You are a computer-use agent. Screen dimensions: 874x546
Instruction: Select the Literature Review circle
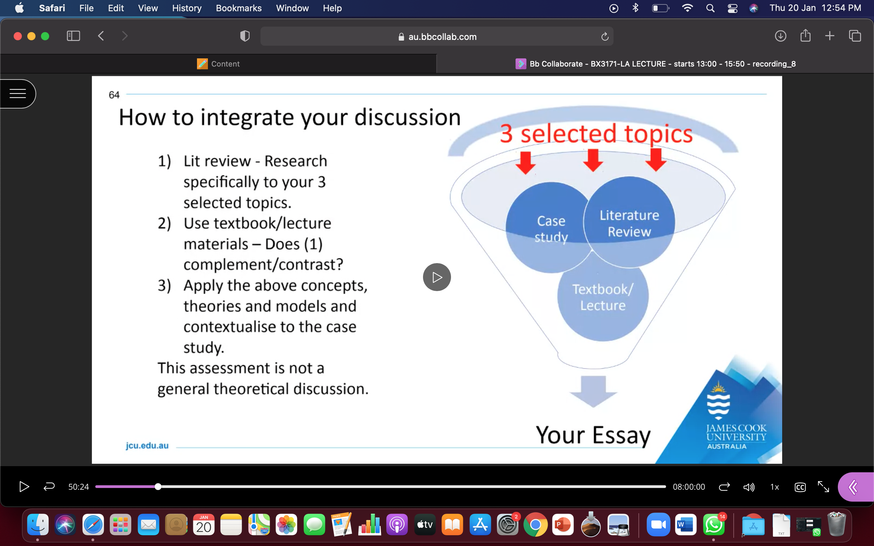click(x=629, y=222)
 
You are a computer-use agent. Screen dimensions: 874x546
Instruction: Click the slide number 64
click(x=114, y=95)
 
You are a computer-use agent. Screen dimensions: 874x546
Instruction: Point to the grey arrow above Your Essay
click(x=593, y=391)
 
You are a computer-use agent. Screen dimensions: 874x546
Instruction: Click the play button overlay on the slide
click(x=437, y=277)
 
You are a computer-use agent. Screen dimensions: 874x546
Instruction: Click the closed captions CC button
click(x=800, y=487)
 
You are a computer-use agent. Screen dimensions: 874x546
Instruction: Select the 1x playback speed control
click(x=774, y=487)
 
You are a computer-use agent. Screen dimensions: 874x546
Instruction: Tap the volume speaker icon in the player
click(x=749, y=487)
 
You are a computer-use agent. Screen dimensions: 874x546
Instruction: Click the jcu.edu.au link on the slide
click(x=147, y=445)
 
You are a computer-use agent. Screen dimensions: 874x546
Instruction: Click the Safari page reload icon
click(x=605, y=37)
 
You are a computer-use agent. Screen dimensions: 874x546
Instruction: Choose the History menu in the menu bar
click(x=187, y=8)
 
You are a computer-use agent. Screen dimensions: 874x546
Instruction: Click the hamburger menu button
click(x=17, y=94)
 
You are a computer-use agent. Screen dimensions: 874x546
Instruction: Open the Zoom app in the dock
click(x=658, y=525)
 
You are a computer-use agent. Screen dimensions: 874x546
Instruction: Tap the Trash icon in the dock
click(x=836, y=525)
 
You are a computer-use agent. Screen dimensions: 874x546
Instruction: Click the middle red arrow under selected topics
click(x=593, y=160)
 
